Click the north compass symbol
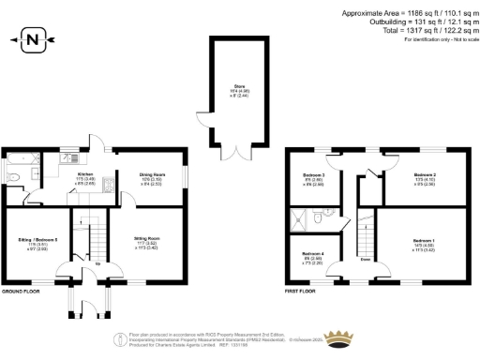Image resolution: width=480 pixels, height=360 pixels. click(x=33, y=39)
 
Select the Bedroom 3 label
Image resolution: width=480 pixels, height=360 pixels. click(x=315, y=178)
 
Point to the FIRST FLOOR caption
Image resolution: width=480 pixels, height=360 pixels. click(x=299, y=292)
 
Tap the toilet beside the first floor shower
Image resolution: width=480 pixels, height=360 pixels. click(x=322, y=217)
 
